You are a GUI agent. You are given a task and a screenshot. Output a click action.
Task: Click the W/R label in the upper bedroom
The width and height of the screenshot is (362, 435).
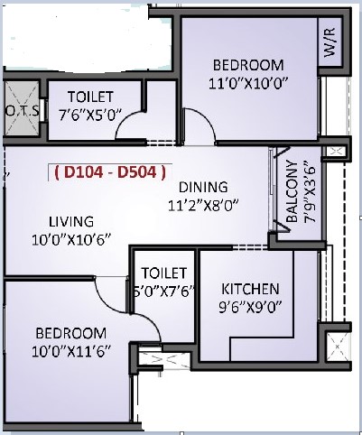pyautogui.click(x=330, y=42)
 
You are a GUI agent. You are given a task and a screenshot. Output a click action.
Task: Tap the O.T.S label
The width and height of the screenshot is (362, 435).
pyautogui.click(x=23, y=111)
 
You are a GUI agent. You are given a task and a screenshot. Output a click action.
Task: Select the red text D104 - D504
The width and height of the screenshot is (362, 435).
pyautogui.click(x=110, y=172)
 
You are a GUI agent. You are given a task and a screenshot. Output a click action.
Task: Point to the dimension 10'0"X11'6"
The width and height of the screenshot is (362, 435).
pyautogui.click(x=71, y=351)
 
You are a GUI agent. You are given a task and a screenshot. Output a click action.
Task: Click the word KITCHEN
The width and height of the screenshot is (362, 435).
pyautogui.click(x=250, y=289)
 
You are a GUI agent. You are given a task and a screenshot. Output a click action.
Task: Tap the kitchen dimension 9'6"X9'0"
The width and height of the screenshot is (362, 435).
pyautogui.click(x=250, y=308)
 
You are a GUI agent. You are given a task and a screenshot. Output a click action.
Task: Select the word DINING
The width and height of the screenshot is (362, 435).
pyautogui.click(x=203, y=187)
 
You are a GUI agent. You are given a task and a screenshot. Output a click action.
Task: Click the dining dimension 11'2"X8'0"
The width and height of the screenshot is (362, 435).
pyautogui.click(x=203, y=206)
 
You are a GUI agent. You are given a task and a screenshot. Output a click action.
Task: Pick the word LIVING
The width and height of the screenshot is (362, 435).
pyautogui.click(x=71, y=222)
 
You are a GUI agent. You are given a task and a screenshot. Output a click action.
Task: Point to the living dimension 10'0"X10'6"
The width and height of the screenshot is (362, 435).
pyautogui.click(x=71, y=240)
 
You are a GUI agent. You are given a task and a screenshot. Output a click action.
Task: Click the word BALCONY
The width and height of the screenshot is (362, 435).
pyautogui.click(x=292, y=191)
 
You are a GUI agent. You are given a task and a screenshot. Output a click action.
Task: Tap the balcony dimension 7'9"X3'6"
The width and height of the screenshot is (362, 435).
pyautogui.click(x=310, y=192)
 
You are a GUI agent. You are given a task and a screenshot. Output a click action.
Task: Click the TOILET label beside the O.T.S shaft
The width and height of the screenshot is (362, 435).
pyautogui.click(x=90, y=97)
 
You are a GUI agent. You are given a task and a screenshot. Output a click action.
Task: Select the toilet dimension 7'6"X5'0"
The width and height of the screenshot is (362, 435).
pyautogui.click(x=90, y=116)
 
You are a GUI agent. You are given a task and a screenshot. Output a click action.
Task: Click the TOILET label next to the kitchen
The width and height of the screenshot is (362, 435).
pyautogui.click(x=164, y=273)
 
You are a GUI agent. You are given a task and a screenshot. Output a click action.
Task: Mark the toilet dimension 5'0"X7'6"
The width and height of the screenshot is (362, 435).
pyautogui.click(x=164, y=292)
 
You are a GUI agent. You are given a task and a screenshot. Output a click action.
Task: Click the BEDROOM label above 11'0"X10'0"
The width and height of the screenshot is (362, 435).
pyautogui.click(x=248, y=65)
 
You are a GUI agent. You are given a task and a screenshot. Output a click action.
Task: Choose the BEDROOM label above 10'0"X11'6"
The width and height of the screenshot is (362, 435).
pyautogui.click(x=71, y=333)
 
